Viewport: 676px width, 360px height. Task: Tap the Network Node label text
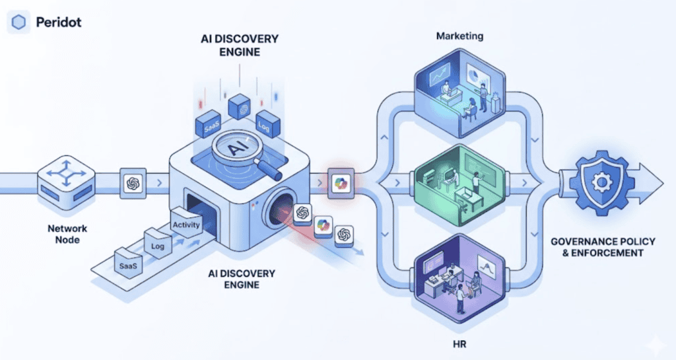pos(67,234)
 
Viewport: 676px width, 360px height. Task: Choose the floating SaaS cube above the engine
pos(211,125)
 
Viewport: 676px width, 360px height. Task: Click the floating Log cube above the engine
pos(268,124)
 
